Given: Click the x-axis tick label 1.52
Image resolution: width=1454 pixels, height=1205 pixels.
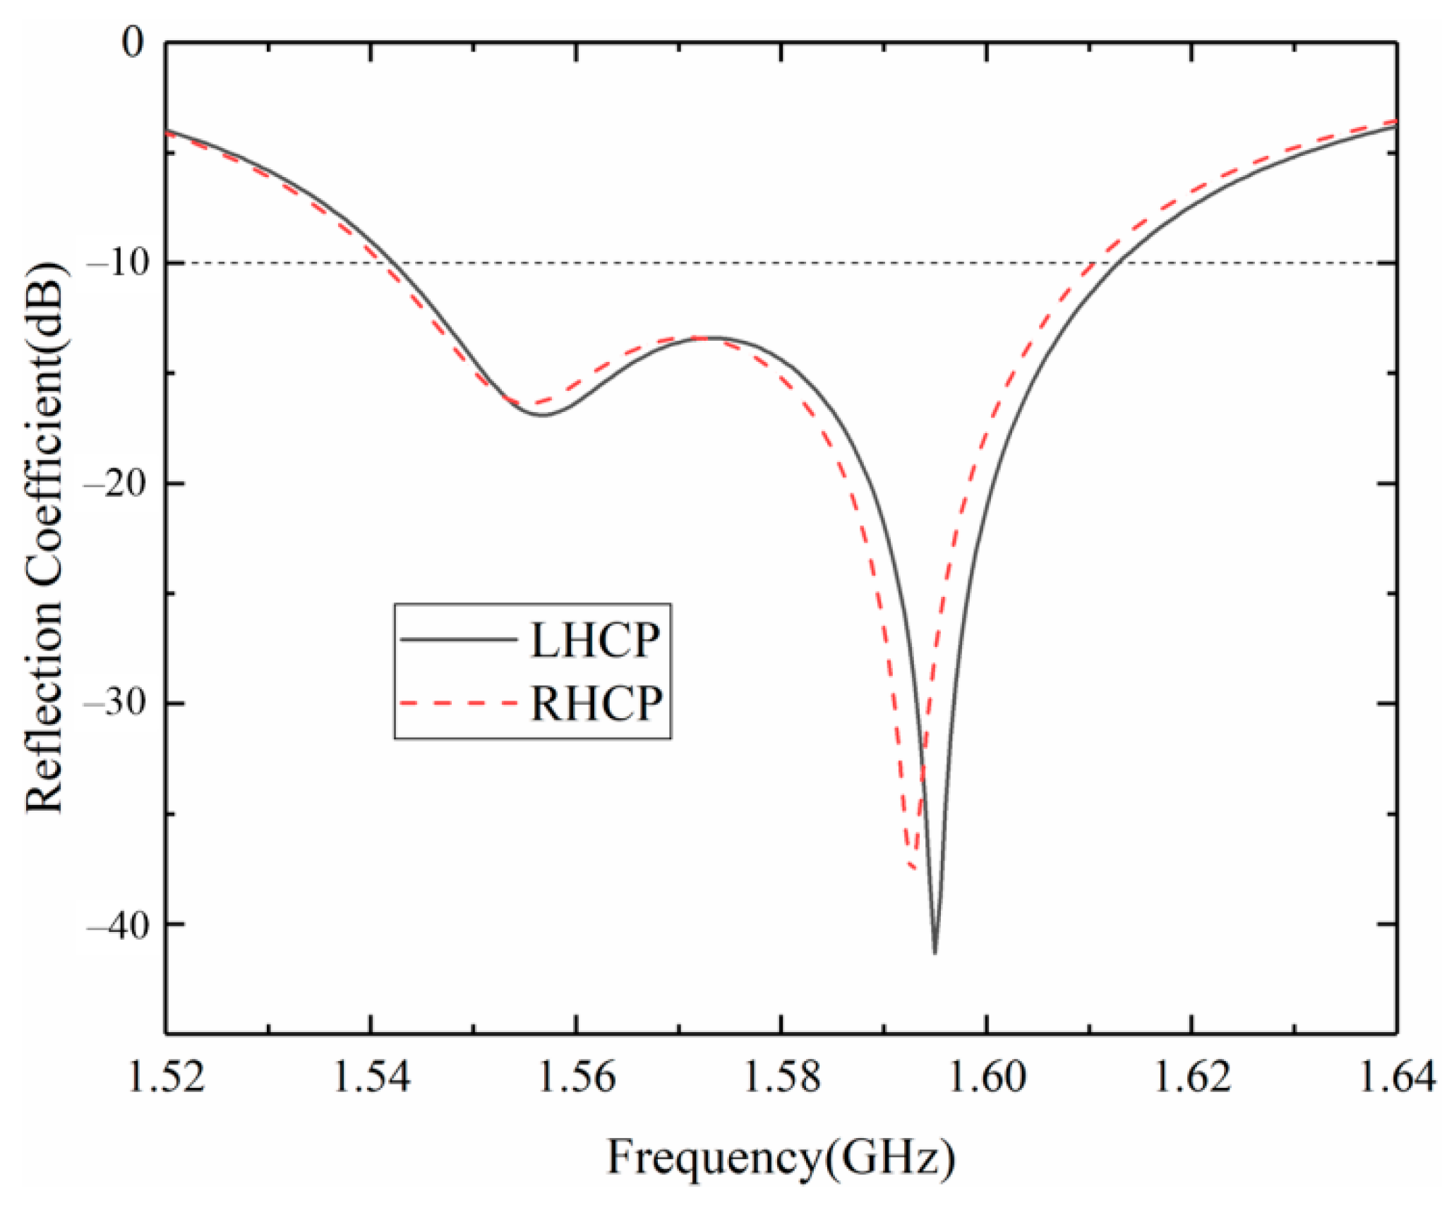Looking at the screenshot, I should [166, 1078].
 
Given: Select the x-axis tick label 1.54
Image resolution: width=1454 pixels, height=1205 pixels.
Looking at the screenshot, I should [371, 1078].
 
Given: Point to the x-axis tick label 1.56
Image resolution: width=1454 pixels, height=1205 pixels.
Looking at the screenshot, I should [577, 1078].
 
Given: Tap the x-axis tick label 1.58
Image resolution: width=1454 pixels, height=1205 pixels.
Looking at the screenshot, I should [781, 1078].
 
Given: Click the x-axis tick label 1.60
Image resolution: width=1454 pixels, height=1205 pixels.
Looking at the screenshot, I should [987, 1078].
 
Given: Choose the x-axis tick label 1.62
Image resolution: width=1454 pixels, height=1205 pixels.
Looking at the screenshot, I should [1192, 1078].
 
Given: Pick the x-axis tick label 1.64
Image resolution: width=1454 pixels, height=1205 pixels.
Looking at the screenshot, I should [1396, 1078].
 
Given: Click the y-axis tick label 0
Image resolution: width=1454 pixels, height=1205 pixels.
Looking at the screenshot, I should [132, 44].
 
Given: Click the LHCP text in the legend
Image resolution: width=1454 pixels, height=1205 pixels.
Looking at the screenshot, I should [595, 641].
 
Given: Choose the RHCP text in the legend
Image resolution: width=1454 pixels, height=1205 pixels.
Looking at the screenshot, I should [596, 703].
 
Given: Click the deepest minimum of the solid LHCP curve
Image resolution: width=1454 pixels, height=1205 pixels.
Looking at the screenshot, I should [935, 952].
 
